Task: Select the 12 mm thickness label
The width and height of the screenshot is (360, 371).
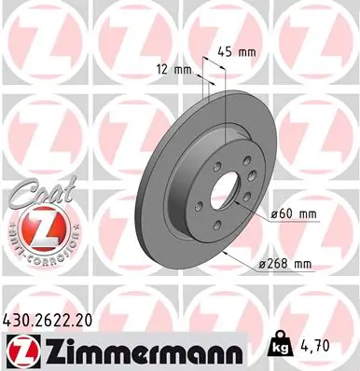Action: tap(169, 69)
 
